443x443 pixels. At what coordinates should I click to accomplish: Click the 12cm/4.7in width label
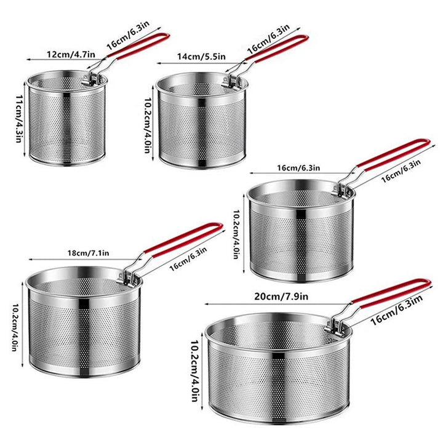(x=71, y=54)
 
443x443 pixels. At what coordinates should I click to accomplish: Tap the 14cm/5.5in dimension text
(x=201, y=57)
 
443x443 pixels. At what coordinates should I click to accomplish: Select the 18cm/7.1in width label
(x=88, y=253)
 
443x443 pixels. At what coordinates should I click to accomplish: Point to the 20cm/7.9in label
(x=281, y=297)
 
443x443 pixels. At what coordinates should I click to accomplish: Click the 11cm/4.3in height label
(x=19, y=119)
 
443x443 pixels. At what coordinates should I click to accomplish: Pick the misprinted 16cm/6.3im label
(x=397, y=310)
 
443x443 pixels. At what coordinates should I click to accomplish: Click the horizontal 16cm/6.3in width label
(x=298, y=168)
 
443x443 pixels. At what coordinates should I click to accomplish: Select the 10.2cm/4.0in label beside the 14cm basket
(x=147, y=126)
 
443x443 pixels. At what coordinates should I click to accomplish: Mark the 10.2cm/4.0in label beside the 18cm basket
(x=15, y=327)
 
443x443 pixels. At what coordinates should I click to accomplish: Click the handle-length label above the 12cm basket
(x=128, y=35)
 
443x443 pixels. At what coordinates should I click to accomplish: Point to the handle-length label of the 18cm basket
(x=188, y=260)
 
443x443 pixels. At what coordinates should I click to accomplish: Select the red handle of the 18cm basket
(x=183, y=239)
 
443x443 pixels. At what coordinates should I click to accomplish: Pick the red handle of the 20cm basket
(x=391, y=293)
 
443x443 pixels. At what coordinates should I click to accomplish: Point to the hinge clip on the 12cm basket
(x=90, y=79)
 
